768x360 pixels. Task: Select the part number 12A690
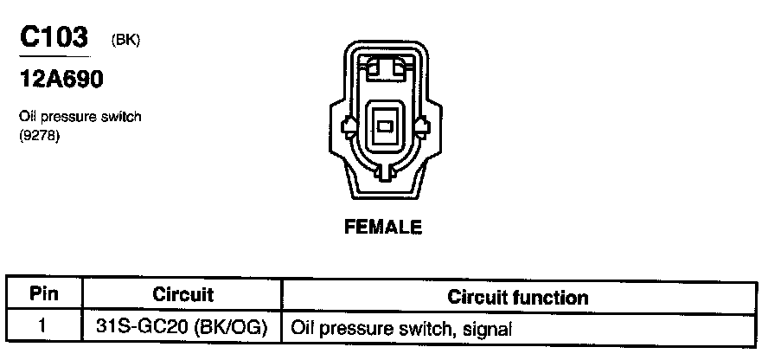tap(61, 80)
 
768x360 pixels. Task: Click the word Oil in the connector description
tap(28, 117)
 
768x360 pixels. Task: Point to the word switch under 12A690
tap(121, 117)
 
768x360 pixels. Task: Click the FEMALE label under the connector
tap(383, 228)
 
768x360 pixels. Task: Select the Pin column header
tap(44, 294)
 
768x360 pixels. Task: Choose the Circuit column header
tap(182, 295)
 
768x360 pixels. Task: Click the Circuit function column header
tap(518, 297)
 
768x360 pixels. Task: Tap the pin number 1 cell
tap(43, 328)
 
